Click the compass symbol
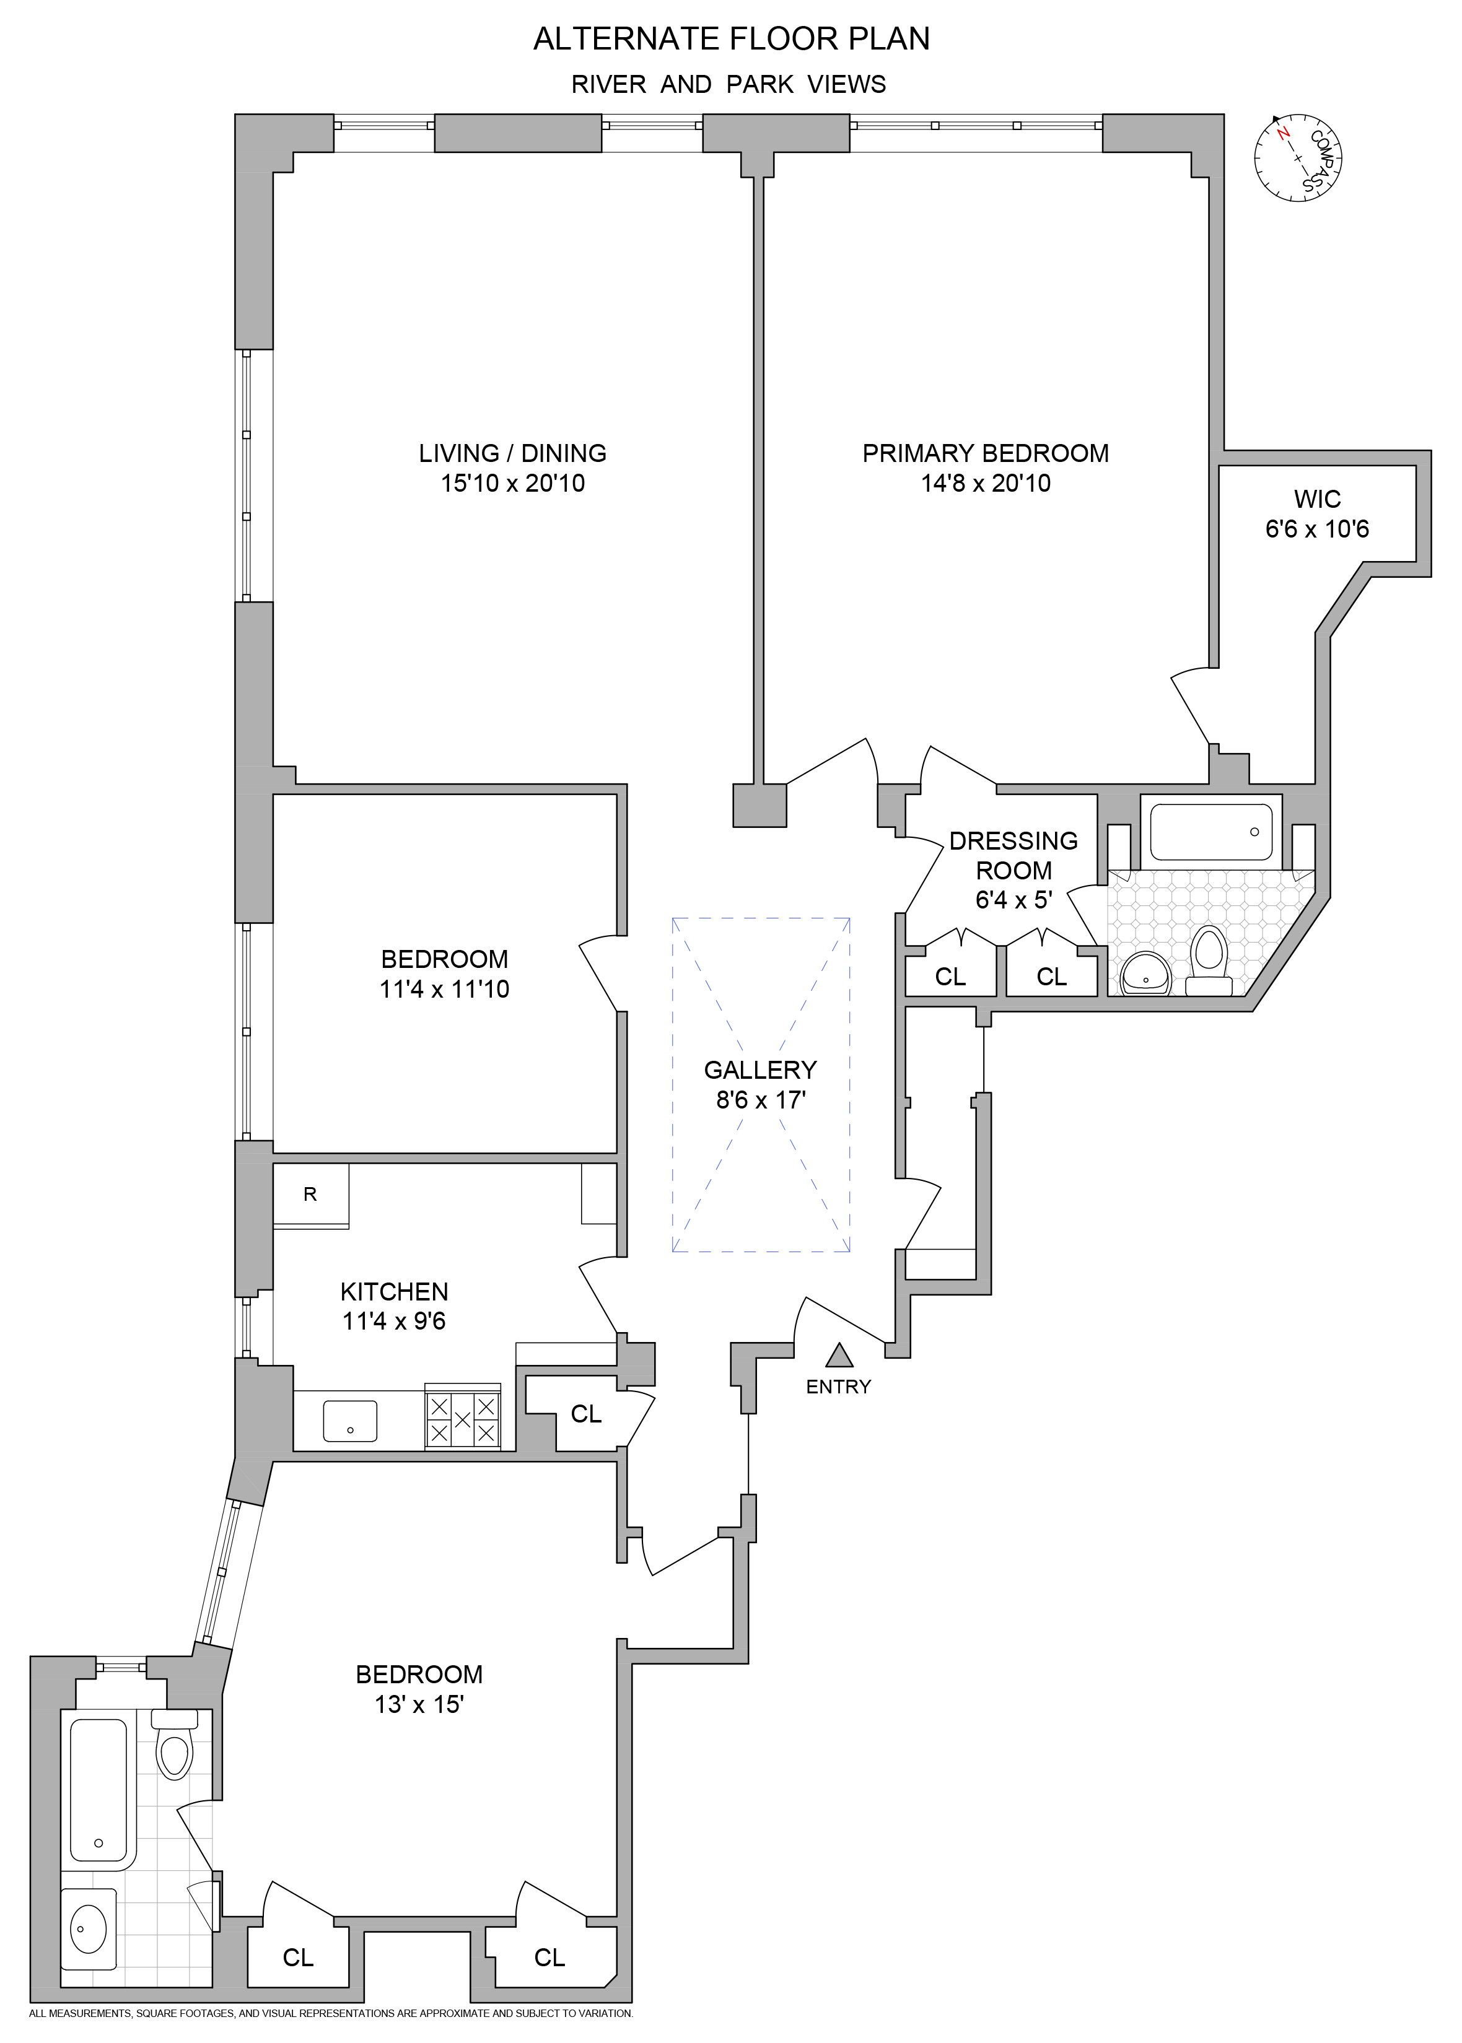[x=1297, y=159]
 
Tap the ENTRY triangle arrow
[x=839, y=1354]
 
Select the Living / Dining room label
[x=512, y=453]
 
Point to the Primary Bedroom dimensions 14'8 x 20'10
[x=985, y=483]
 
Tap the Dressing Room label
[x=1013, y=855]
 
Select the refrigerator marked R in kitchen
[x=310, y=1195]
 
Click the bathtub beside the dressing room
[x=1211, y=832]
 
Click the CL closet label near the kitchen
[x=585, y=1414]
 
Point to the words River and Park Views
[x=729, y=85]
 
